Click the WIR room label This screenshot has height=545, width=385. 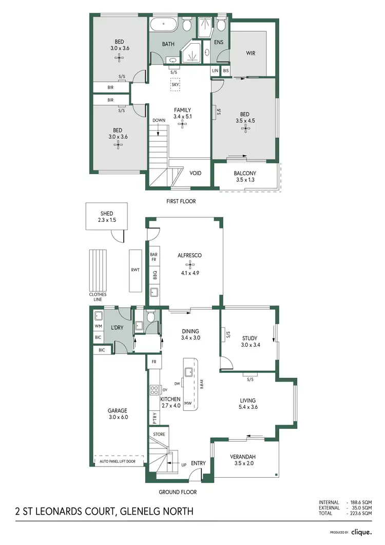point(250,52)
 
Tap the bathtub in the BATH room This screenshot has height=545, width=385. point(164,24)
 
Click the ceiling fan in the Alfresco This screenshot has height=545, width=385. point(189,265)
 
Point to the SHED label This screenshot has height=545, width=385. point(106,214)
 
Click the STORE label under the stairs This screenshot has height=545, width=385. point(159,434)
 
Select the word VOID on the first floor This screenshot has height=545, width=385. point(196,173)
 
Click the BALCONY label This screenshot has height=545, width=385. point(245,174)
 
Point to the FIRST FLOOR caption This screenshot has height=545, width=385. point(181,201)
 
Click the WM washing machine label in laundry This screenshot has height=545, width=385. point(98,326)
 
